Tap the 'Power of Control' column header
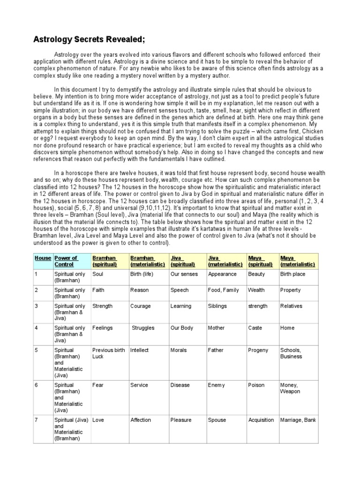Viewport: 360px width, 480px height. tap(66, 261)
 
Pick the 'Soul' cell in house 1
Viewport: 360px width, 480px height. tap(98, 274)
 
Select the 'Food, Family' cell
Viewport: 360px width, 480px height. tap(223, 290)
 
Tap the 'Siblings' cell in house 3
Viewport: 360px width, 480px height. tap(217, 306)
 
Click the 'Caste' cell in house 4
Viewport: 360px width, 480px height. tap(255, 328)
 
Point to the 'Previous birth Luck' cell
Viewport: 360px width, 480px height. tap(109, 353)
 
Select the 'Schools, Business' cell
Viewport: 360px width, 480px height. tap(291, 353)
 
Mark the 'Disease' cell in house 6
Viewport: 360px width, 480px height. tap(180, 385)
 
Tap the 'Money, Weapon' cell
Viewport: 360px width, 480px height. tap(290, 388)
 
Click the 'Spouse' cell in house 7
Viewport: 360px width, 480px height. tap(217, 420)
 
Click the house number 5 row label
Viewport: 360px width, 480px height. tap(36, 350)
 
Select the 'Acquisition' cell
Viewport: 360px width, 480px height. tap(261, 420)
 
